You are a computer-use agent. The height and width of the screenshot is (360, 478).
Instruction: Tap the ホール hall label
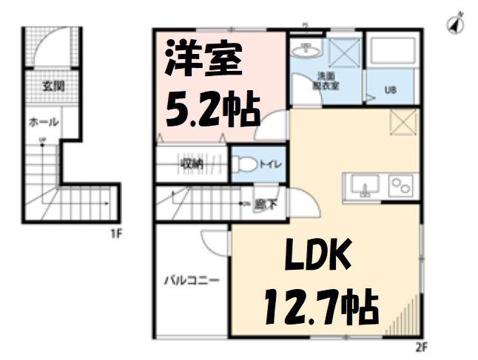point(42,122)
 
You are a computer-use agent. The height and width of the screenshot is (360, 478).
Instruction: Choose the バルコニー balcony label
point(191,281)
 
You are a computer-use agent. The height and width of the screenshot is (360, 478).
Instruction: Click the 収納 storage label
point(192,163)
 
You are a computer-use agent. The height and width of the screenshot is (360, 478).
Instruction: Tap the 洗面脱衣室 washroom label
point(326,80)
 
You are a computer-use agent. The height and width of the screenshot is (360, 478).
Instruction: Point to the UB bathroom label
point(390,92)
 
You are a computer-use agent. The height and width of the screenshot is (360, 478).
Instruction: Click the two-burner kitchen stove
point(403,185)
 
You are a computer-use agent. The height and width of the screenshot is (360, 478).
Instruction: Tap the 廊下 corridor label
point(260,205)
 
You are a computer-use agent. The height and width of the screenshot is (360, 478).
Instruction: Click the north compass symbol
point(455,22)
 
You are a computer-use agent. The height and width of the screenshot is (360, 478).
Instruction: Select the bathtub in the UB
point(394,53)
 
